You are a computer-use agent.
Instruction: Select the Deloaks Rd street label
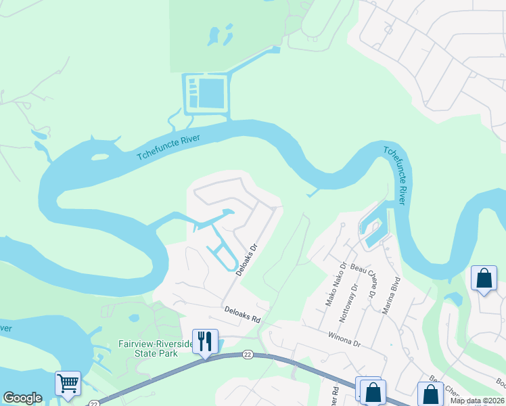click(x=242, y=314)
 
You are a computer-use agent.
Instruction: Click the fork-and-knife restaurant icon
click(x=204, y=340)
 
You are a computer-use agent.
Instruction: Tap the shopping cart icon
click(x=68, y=383)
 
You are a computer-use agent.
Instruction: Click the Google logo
click(x=22, y=398)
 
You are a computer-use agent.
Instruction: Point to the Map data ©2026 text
click(x=477, y=401)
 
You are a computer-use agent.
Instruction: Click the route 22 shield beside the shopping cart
click(x=93, y=403)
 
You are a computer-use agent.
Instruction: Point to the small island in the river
click(x=99, y=157)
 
